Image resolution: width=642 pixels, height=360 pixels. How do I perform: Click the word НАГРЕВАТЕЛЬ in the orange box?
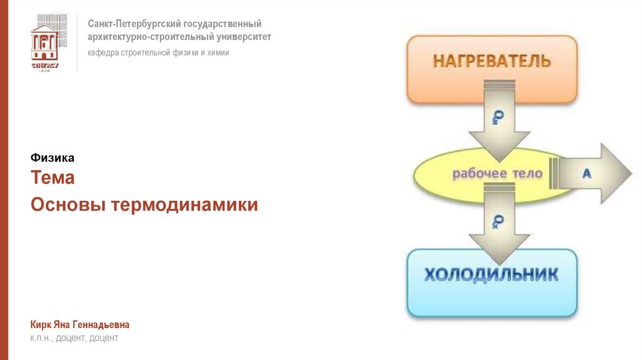click(x=492, y=61)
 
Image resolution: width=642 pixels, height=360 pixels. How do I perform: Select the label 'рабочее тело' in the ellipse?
click(x=497, y=174)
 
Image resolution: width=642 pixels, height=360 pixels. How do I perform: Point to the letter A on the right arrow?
click(x=587, y=174)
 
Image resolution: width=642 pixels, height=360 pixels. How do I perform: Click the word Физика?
click(x=52, y=158)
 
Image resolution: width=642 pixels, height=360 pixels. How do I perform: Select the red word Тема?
click(x=53, y=177)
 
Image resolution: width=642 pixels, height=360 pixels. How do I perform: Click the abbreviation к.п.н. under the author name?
click(x=41, y=339)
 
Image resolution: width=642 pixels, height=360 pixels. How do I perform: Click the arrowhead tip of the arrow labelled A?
click(x=629, y=173)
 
